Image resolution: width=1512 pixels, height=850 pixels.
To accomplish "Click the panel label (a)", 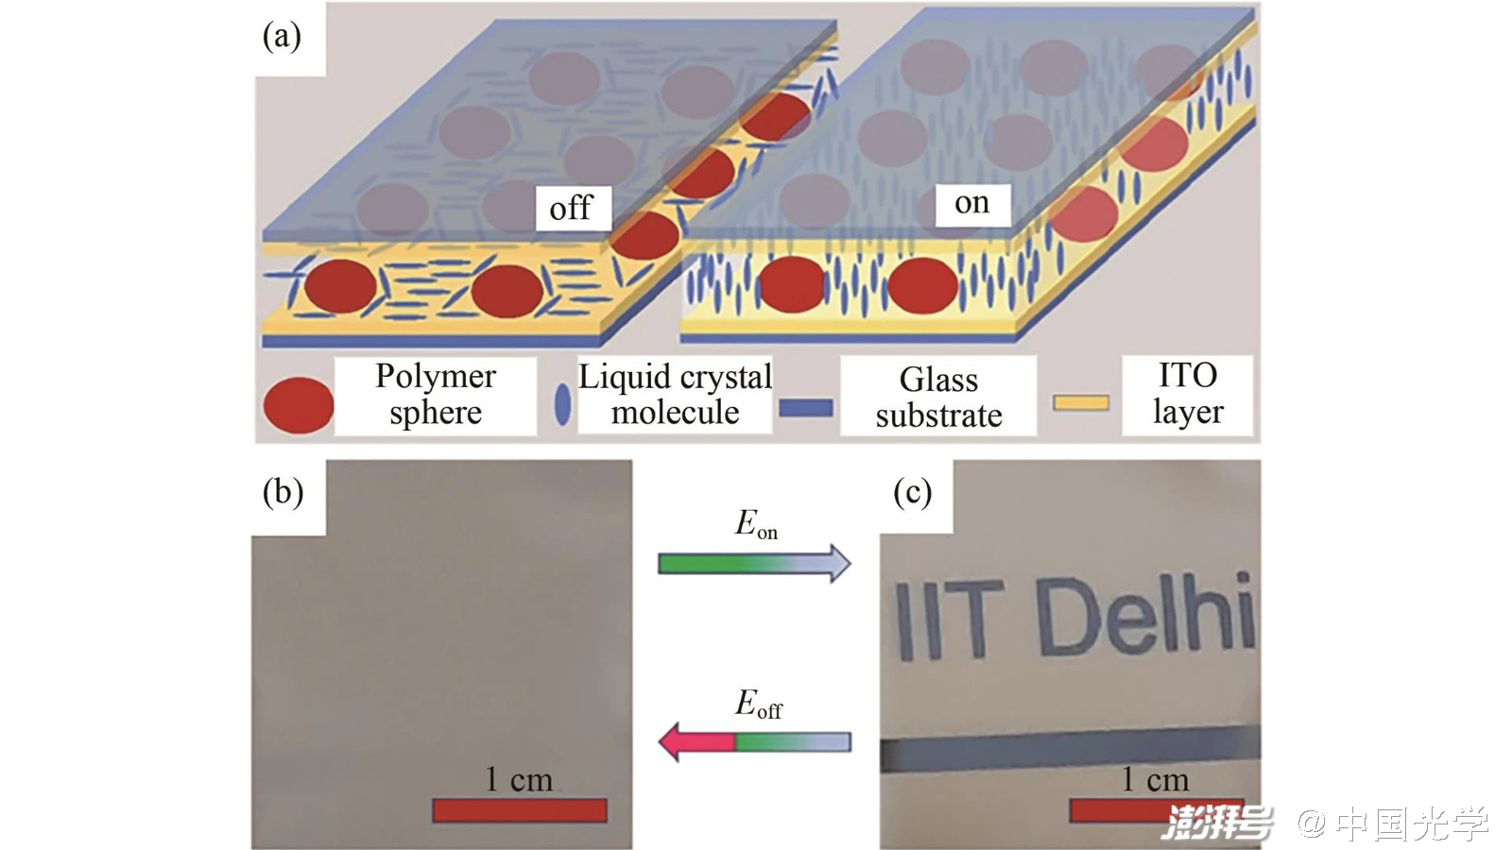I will [282, 36].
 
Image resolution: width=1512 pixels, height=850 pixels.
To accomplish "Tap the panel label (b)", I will [283, 492].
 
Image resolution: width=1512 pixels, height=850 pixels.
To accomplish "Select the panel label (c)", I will [913, 492].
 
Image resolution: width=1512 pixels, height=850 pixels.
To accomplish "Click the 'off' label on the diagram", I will [571, 208].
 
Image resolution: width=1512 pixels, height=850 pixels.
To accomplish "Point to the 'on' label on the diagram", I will [971, 203].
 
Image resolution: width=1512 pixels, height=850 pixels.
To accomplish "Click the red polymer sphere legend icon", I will [298, 405].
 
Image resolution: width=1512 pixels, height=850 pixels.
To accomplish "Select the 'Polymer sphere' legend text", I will [435, 394].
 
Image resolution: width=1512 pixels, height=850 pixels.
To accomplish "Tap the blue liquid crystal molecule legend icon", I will [562, 404].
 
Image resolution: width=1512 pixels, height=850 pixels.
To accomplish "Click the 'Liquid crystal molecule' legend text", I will [675, 394].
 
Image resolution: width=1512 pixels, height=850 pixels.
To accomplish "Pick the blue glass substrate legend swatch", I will [806, 408].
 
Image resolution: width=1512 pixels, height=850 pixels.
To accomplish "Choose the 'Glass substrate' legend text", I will [938, 397].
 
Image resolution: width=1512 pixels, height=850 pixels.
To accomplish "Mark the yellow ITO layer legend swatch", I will [1081, 403].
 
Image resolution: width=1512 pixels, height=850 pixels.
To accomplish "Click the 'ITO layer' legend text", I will [1188, 393].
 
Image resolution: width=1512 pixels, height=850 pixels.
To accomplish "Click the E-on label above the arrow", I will [755, 523].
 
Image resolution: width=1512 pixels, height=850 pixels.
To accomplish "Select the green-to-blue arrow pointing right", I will [754, 564].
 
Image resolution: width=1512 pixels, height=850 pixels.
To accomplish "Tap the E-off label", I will [758, 704].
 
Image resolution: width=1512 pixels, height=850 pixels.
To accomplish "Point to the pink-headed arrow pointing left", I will [754, 742].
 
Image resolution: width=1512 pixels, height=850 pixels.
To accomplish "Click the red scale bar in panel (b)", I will [520, 810].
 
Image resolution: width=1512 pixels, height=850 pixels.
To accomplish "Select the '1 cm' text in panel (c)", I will [1155, 779].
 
